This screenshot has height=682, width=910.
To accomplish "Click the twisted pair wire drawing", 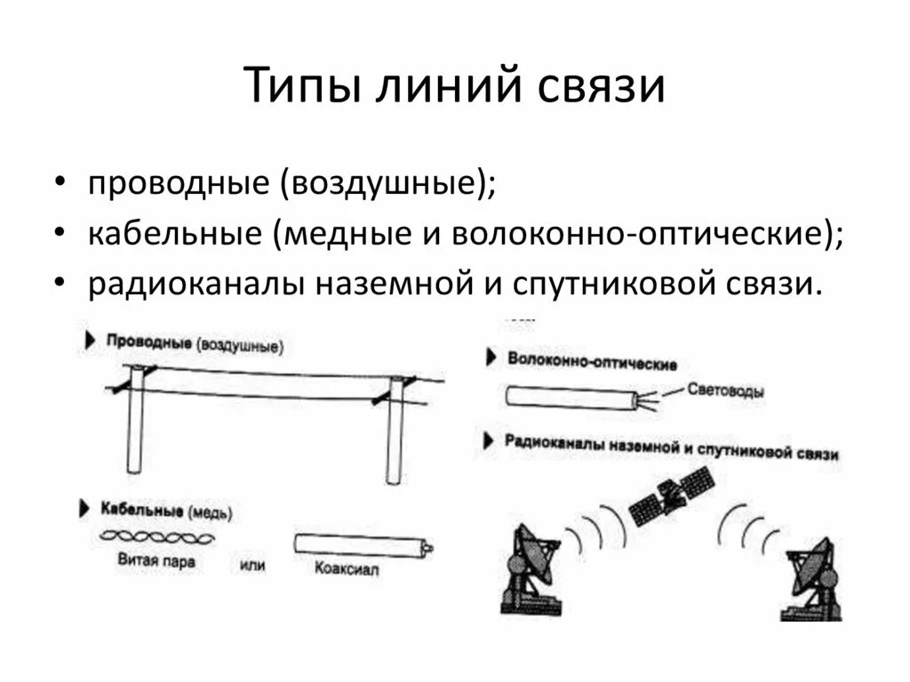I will click(x=156, y=537).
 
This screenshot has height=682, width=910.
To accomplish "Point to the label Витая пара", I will click(x=156, y=561).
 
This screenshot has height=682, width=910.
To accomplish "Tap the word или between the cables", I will click(x=252, y=565).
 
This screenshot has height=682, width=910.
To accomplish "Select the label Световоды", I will click(x=725, y=389).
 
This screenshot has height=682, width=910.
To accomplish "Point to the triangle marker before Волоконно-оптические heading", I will click(x=491, y=357).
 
